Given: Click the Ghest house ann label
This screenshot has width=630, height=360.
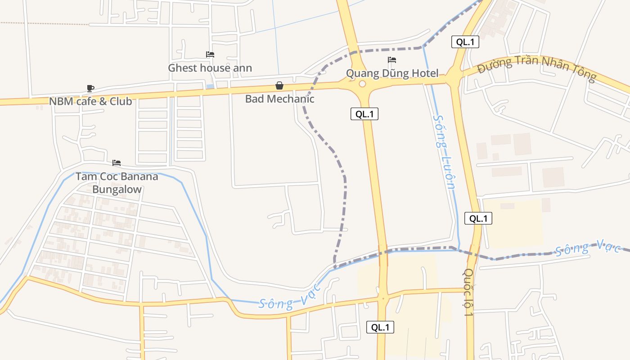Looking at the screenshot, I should (x=210, y=68).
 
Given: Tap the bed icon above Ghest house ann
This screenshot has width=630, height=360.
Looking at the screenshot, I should (x=210, y=54).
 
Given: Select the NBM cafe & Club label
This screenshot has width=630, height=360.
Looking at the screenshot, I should (x=90, y=101).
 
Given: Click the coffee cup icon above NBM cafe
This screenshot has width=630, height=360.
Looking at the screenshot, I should (x=90, y=88).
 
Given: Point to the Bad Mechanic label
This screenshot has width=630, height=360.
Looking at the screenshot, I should (x=279, y=99).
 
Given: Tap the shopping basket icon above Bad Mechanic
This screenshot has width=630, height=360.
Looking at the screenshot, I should (x=279, y=85).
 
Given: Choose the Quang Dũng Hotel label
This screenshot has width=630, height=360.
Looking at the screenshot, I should (x=392, y=73).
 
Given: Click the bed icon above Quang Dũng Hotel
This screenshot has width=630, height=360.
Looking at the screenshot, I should (x=392, y=60).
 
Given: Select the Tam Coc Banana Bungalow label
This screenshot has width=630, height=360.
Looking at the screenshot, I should (x=117, y=183).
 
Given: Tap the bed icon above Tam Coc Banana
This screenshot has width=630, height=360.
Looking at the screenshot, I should (x=117, y=163).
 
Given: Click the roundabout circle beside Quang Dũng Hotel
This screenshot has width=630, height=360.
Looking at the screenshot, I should (x=362, y=84).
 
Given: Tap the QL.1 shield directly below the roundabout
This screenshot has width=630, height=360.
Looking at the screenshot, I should (x=364, y=114).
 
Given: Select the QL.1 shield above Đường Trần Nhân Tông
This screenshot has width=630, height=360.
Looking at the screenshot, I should (x=465, y=42).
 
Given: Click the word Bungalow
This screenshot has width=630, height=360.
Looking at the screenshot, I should (x=117, y=189).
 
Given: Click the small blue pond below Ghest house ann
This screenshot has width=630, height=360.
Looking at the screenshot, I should (x=210, y=86).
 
